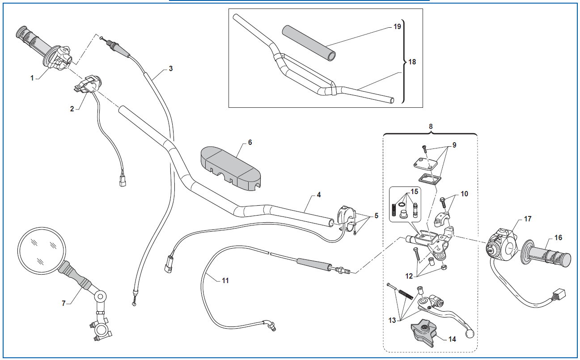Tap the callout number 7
[x=64, y=303]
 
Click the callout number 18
[x=412, y=62]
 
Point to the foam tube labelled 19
[x=309, y=43]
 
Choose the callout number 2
[x=72, y=109]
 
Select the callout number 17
[x=528, y=219]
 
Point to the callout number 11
[x=225, y=280]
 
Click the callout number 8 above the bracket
[x=431, y=126]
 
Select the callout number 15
[x=415, y=192]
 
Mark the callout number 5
[x=376, y=216]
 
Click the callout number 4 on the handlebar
[x=318, y=195]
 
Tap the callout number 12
[x=409, y=276]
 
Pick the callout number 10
[x=464, y=194]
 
